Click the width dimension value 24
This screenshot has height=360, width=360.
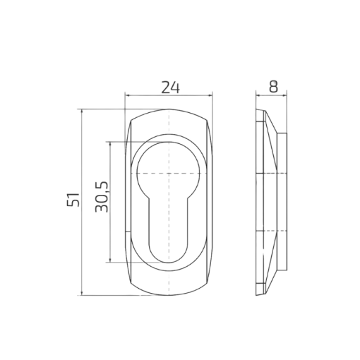(x=170, y=88)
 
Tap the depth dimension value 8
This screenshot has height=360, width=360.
(x=273, y=86)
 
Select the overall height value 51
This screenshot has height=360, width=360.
(x=73, y=200)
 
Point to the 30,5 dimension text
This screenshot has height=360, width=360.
(x=102, y=197)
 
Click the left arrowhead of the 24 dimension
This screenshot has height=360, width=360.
(x=127, y=95)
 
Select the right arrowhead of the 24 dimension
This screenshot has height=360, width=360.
(x=210, y=95)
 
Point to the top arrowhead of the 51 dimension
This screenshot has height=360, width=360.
(x=82, y=112)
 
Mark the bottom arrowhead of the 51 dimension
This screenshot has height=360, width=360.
(x=82, y=293)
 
